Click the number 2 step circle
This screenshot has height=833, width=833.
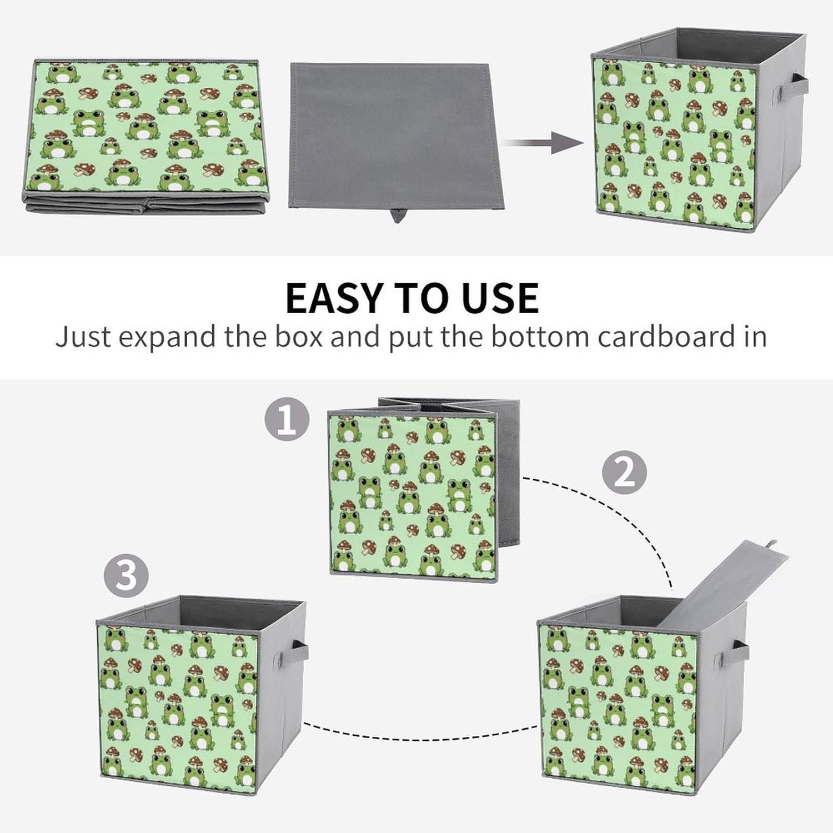click(x=625, y=472)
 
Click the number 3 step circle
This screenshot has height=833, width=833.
click(x=127, y=574)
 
